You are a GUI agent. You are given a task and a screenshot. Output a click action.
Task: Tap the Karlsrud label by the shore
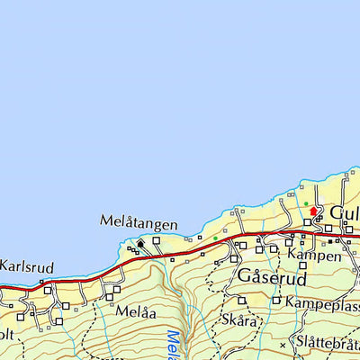27,267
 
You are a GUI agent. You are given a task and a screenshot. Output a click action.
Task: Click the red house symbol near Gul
313,211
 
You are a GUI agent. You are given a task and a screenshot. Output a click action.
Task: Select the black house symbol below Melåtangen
140,242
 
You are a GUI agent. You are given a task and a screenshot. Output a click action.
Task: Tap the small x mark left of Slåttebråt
283,345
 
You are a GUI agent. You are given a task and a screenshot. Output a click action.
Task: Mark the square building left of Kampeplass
276,303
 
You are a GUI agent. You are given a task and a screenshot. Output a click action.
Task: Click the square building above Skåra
241,301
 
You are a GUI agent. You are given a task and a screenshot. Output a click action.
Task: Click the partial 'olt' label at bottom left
7,334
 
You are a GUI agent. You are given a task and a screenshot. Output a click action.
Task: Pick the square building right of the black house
157,240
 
